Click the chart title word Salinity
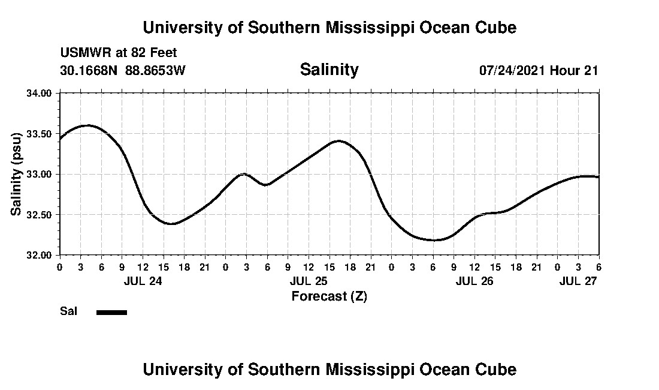[329, 70]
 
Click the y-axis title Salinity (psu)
[16, 174]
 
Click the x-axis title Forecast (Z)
[329, 296]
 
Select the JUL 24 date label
[143, 281]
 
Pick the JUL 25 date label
[309, 281]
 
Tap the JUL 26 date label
[474, 281]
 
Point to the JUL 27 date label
[578, 281]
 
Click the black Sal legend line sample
[111, 312]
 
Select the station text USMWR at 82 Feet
[119, 53]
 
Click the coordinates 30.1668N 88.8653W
[123, 70]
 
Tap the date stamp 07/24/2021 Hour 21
[539, 70]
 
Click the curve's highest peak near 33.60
[87, 125]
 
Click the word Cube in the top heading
[495, 28]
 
